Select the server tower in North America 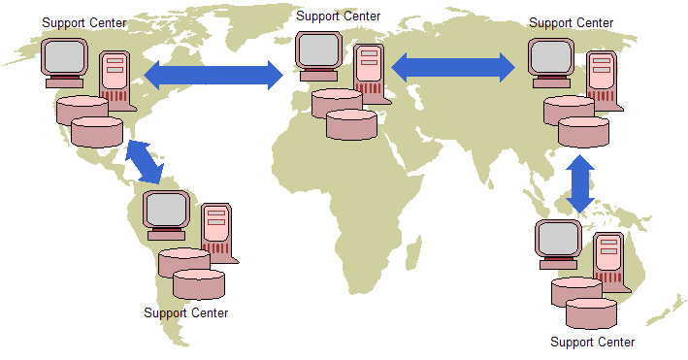(115, 78)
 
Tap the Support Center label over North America (84, 22)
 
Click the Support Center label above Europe (339, 16)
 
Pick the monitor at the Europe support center (319, 54)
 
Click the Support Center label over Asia (571, 22)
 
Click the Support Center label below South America (186, 312)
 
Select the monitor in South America (166, 213)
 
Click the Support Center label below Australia (593, 342)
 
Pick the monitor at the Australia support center (559, 243)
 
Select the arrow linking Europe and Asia (453, 66)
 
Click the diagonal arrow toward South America (144, 162)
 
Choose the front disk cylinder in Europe (351, 124)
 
